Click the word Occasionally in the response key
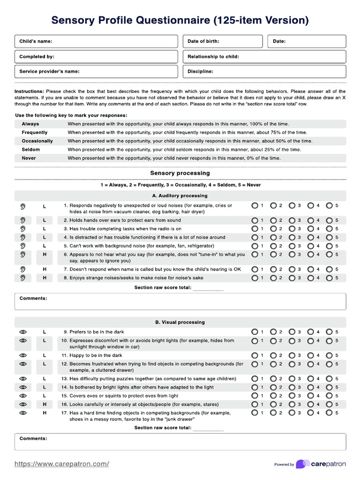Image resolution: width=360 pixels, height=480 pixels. click(x=37, y=141)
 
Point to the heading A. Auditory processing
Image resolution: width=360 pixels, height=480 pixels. click(x=180, y=195)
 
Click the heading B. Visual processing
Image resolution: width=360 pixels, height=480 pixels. click(x=180, y=322)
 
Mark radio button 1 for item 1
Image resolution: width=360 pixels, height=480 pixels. click(x=255, y=206)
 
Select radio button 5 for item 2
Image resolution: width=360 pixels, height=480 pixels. click(x=330, y=220)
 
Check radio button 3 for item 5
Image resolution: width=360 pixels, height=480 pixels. click(x=292, y=246)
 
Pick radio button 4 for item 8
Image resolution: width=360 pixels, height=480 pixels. click(x=311, y=278)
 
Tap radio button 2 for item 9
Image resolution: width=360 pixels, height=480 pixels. click(x=273, y=332)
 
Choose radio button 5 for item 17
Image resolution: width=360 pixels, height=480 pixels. click(x=330, y=413)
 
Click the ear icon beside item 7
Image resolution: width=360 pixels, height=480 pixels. click(x=22, y=270)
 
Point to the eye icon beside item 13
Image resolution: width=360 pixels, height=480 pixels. click(x=22, y=379)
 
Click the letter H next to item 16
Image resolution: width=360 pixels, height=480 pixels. click(x=45, y=404)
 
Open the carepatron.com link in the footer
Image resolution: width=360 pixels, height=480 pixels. click(x=62, y=464)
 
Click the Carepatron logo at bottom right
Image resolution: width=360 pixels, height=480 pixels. click(x=321, y=464)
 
